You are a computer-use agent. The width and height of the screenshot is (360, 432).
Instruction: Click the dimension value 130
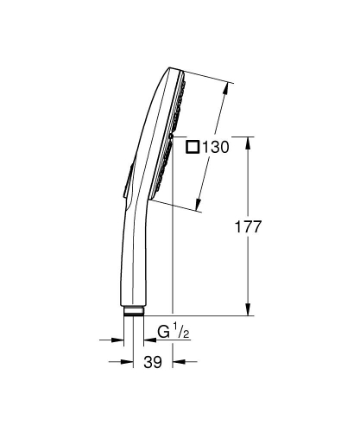[x=216, y=148]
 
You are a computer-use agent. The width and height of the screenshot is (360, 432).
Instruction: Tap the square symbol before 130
[x=193, y=148]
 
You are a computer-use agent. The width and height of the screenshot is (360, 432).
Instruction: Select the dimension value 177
[x=248, y=227]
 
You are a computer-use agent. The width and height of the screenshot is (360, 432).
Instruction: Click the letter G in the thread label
[x=163, y=330]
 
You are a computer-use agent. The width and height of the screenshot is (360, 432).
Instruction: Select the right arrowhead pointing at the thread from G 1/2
[x=147, y=340]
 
